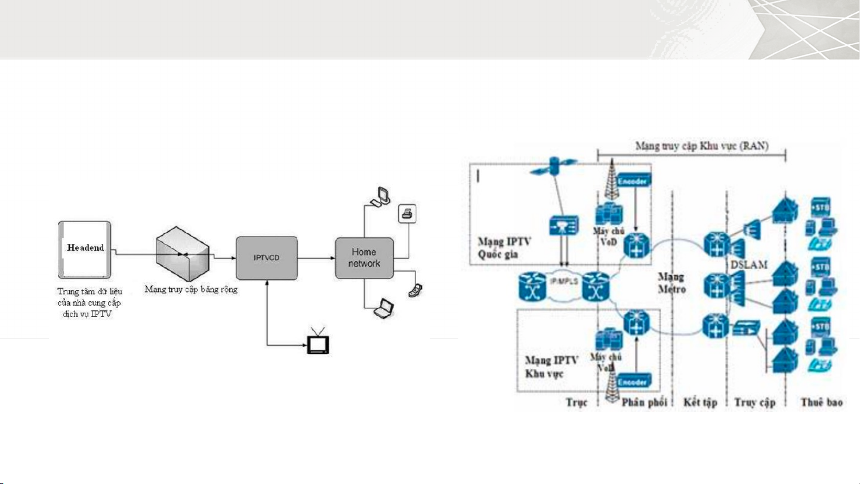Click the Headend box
tap(84, 249)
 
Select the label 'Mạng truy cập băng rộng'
tap(191, 290)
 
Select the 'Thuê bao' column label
tap(821, 403)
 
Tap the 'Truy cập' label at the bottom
tap(754, 403)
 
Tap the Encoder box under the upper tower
tap(635, 180)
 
